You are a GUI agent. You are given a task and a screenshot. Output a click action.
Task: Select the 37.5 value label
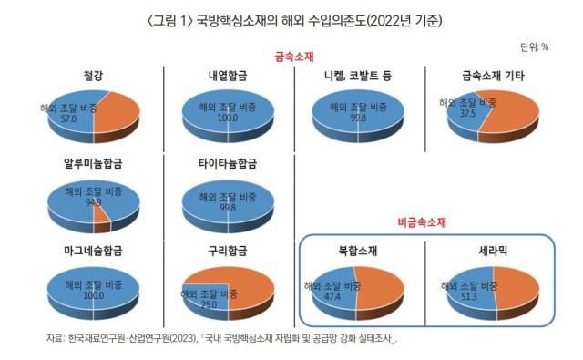point(467,115)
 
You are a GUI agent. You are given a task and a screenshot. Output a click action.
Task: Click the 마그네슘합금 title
point(92,249)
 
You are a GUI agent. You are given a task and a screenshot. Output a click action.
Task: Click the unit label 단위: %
point(534,46)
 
